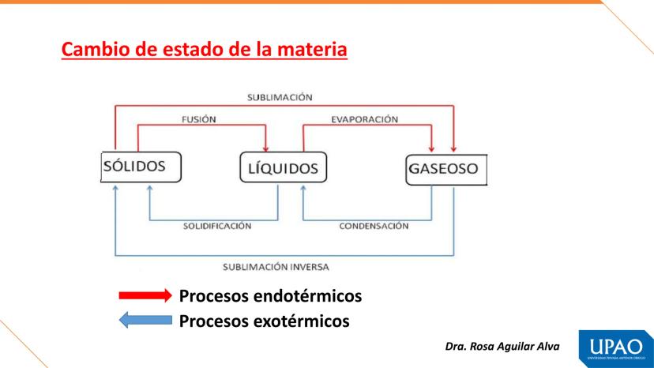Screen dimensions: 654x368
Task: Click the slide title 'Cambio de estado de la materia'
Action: pos(205,49)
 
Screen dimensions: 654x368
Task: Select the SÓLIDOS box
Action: pos(141,167)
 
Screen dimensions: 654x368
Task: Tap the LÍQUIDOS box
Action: pos(284,167)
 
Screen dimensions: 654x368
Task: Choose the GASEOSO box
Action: pos(446,170)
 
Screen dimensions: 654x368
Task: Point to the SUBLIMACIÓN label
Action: pos(280,98)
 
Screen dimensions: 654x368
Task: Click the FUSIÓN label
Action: pos(199,120)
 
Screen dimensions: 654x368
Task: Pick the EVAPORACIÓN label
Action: pos(365,120)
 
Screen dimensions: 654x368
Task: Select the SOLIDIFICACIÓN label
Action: pos(217,226)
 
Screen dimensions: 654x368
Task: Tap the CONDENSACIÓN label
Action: pos(374,226)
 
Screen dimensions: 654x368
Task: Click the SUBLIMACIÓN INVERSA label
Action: pos(276,267)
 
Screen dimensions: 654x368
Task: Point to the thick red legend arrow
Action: pos(145,295)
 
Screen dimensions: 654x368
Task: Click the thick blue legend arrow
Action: pos(145,321)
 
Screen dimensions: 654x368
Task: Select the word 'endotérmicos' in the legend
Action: pos(308,296)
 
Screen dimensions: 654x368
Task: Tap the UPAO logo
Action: pos(616,349)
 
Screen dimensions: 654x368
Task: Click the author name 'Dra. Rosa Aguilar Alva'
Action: pos(502,347)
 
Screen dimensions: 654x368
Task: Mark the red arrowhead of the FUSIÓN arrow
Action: pos(265,149)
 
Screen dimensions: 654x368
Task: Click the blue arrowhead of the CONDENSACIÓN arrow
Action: pos(303,188)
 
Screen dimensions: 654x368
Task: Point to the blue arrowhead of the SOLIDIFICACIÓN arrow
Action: pos(150,188)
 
